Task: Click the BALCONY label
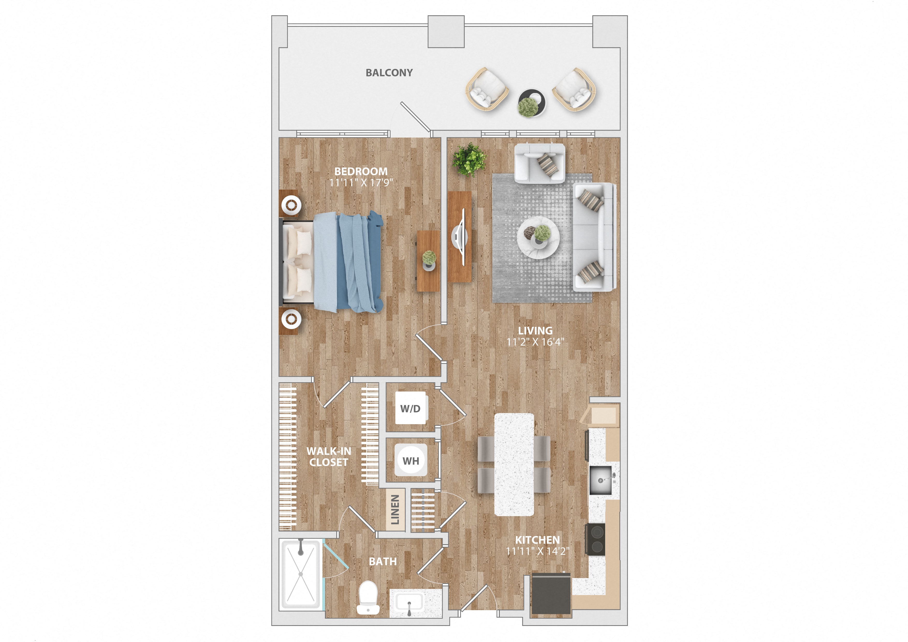pyautogui.click(x=389, y=73)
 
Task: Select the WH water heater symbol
pyautogui.click(x=411, y=460)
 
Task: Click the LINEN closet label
pyautogui.click(x=395, y=510)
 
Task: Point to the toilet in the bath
pyautogui.click(x=368, y=597)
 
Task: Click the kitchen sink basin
pyautogui.click(x=600, y=480)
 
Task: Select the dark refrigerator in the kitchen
pyautogui.click(x=551, y=593)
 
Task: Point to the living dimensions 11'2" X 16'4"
pyautogui.click(x=535, y=342)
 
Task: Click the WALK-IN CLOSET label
pyautogui.click(x=329, y=457)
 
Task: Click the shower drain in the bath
pyautogui.click(x=301, y=574)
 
